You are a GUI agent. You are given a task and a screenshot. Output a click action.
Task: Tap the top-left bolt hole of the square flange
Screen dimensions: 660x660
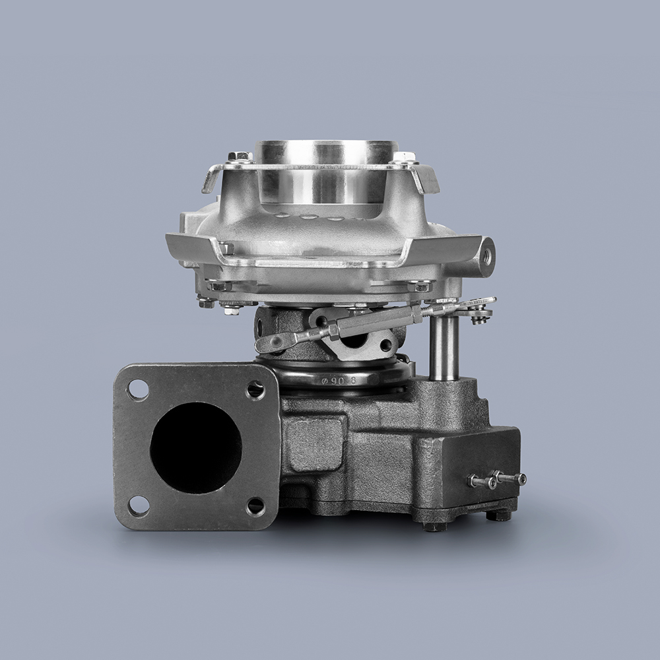coord(138,389)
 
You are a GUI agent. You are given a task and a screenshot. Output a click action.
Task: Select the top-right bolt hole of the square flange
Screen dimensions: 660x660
coord(255,389)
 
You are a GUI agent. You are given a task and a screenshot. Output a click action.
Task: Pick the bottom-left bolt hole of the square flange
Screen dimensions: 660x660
coord(138,506)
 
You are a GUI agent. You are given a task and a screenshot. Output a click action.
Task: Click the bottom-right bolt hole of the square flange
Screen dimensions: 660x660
coord(255,506)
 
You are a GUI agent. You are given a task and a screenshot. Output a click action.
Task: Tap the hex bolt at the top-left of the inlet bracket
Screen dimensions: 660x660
coord(241,157)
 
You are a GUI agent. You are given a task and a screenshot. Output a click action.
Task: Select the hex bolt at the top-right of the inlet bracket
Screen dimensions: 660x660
coord(407,158)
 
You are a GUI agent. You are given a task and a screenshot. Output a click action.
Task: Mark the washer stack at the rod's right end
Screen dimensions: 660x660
coord(480,310)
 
